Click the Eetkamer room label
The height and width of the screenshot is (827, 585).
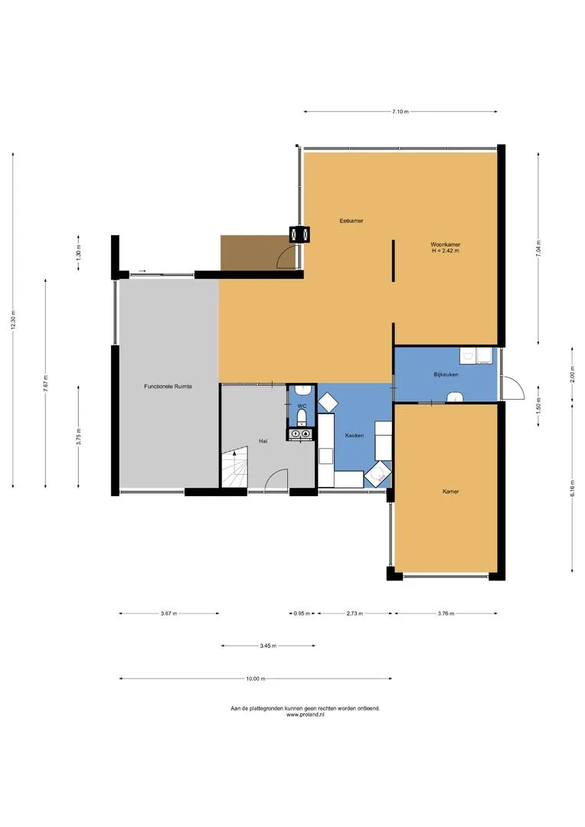click(351, 221)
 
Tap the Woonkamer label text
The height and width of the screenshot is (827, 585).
click(445, 245)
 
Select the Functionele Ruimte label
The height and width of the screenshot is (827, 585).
click(168, 387)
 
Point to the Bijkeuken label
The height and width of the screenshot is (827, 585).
click(446, 374)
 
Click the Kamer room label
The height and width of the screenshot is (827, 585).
click(450, 492)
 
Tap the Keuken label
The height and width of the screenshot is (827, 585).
click(355, 436)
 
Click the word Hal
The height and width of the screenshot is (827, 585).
click(263, 441)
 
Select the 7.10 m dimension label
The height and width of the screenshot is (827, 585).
click(400, 112)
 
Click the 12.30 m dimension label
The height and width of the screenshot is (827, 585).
click(13, 320)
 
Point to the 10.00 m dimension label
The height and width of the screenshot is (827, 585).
click(255, 678)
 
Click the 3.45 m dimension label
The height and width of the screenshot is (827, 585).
click(268, 646)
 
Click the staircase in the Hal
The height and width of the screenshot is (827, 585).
click(234, 467)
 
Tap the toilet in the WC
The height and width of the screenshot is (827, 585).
click(302, 418)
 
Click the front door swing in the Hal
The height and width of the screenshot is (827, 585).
click(276, 479)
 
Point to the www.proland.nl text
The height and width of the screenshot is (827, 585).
click(305, 715)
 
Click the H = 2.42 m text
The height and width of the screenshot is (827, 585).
click(445, 251)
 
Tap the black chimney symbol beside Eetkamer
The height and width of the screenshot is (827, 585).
click(299, 234)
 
